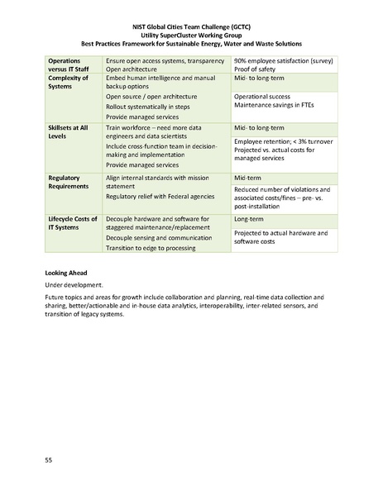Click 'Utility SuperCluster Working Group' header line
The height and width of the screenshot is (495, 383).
(191, 34)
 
